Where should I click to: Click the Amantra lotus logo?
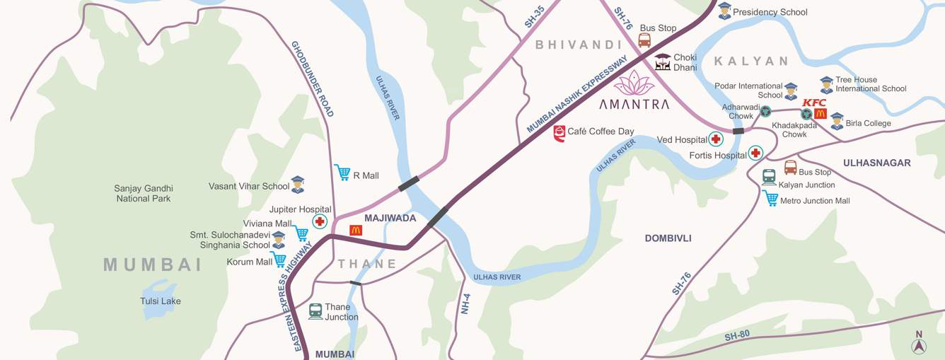633,83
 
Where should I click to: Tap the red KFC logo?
813,103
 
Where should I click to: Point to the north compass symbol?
919,346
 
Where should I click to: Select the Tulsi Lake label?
160,301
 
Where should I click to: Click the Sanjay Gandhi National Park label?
144,194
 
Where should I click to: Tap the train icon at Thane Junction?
315,311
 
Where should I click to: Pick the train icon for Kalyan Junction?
769,177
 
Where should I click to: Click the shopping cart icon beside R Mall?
342,172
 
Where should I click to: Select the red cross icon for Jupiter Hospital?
320,222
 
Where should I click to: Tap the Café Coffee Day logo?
560,134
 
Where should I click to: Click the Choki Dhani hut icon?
663,62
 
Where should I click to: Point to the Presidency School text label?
770,12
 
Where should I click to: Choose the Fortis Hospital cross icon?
755,153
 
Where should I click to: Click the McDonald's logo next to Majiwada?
356,230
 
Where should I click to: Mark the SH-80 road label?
737,337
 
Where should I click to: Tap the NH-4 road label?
465,303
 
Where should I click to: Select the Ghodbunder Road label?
312,79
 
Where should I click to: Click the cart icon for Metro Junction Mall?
770,199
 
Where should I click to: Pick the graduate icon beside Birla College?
837,121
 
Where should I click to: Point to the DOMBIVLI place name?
668,238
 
